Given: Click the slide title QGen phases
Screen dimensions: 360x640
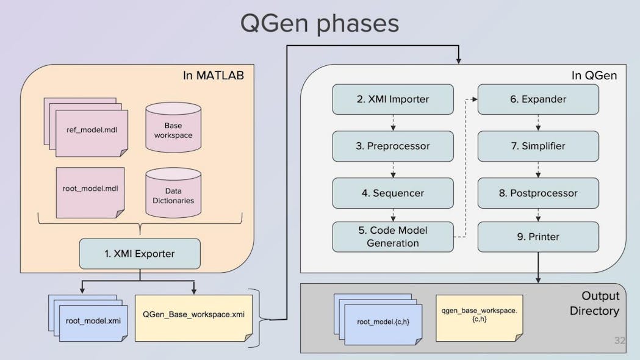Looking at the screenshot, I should (319, 23).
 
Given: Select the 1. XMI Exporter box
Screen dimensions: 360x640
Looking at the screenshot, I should (140, 253).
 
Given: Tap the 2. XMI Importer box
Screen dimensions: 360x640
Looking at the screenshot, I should (393, 99).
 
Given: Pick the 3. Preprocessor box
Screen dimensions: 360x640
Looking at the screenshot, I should (393, 146).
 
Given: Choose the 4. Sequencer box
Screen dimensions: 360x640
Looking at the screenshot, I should (393, 193).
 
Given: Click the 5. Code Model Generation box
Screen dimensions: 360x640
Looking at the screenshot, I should (393, 237).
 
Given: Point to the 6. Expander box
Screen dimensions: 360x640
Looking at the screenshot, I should (538, 99).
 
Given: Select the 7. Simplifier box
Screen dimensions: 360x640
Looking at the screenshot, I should (538, 146).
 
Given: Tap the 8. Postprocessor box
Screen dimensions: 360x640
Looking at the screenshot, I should (538, 193).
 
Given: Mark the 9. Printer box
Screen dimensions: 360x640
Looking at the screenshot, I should (538, 237).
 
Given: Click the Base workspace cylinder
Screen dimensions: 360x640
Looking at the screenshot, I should (173, 129).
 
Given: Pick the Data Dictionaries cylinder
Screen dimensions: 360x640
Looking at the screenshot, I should (173, 195).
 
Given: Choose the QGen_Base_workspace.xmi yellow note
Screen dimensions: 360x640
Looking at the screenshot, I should (193, 316).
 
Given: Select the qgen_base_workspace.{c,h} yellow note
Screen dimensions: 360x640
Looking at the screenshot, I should (479, 315).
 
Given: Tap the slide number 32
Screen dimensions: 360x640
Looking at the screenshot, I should (619, 340).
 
